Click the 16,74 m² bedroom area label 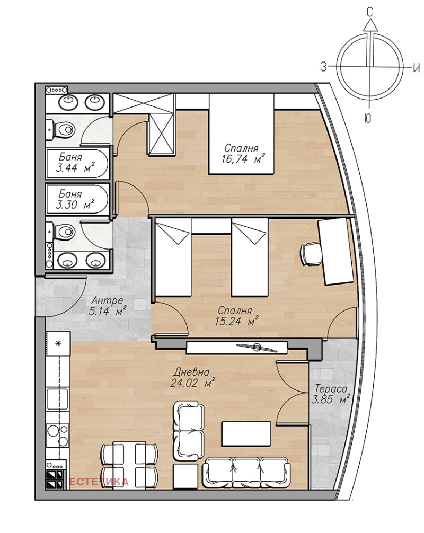(243, 154)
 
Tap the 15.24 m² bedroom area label (236, 316)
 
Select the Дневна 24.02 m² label (192, 377)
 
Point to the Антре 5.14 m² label (107, 306)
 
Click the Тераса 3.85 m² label (331, 394)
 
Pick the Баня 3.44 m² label (75, 162)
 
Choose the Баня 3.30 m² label (75, 199)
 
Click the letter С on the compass (370, 13)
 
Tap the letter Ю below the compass (368, 119)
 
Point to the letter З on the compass (323, 67)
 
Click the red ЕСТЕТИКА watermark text (99, 482)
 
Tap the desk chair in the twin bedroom (310, 254)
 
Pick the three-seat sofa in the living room (247, 473)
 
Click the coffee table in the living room (246, 434)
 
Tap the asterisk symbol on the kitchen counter (58, 343)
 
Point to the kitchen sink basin (58, 399)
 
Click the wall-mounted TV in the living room (237, 347)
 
